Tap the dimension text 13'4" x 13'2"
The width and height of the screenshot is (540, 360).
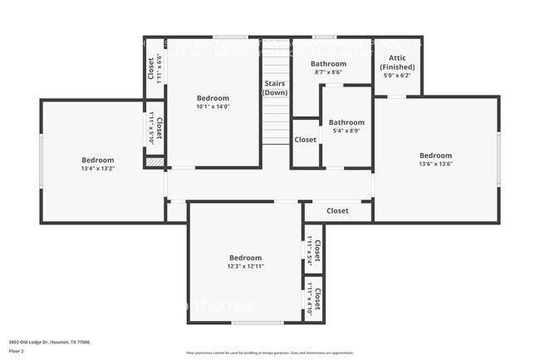click(x=97, y=169)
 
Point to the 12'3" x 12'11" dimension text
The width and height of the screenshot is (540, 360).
click(x=245, y=267)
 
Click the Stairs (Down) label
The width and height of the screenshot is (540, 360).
click(x=275, y=87)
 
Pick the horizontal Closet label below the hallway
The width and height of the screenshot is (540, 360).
click(x=337, y=211)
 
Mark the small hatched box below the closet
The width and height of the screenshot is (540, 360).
click(x=154, y=162)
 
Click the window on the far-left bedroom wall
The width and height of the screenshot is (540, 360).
click(x=41, y=161)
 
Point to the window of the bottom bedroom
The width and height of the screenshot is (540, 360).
click(x=257, y=323)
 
